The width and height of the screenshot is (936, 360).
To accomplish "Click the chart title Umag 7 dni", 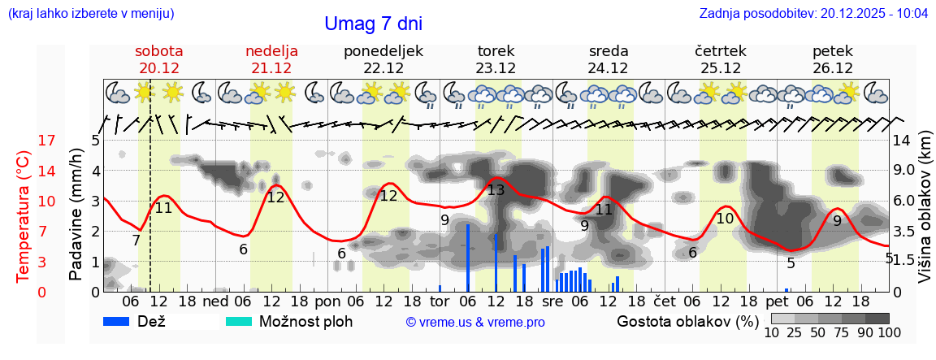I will click(x=373, y=24).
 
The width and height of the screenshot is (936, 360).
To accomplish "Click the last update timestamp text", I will click(x=813, y=14).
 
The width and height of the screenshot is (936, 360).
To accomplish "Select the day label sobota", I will click(x=158, y=51).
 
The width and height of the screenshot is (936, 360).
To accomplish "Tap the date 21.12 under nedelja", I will click(x=271, y=68).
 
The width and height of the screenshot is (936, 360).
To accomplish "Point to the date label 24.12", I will click(x=609, y=68).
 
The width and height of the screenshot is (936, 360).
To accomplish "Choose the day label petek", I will click(x=832, y=51).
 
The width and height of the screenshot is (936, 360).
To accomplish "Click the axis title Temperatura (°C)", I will click(x=24, y=217).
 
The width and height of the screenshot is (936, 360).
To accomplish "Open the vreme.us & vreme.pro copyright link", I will click(x=475, y=323).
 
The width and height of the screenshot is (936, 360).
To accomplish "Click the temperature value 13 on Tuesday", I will click(x=496, y=190).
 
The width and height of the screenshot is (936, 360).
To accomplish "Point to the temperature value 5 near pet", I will click(x=791, y=262).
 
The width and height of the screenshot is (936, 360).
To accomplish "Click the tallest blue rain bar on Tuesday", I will click(x=468, y=257).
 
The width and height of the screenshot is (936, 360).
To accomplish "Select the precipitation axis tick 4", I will click(x=95, y=171).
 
